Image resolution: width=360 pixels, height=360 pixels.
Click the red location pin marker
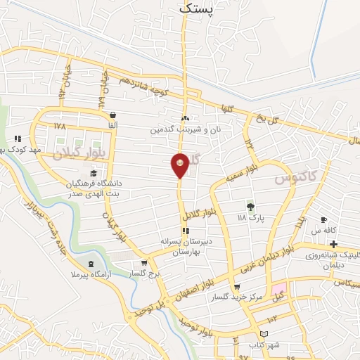[x=180, y=165]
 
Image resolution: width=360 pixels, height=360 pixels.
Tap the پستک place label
[x=195, y=9]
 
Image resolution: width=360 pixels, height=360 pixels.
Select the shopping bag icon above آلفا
[x=112, y=115]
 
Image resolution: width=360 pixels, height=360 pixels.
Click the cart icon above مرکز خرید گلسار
[x=237, y=287]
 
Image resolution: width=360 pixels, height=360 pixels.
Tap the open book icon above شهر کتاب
[x=264, y=334]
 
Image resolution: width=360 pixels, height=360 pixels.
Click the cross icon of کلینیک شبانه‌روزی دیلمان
[x=334, y=244]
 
